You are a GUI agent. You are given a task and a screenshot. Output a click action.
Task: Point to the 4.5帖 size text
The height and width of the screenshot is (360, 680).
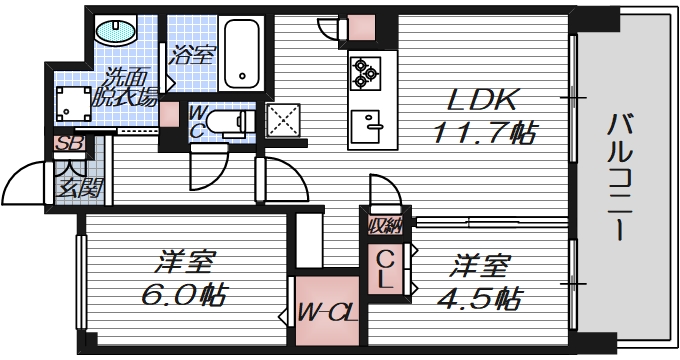coord(483,297)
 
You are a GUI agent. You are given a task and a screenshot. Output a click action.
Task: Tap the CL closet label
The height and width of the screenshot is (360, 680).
coord(386,270)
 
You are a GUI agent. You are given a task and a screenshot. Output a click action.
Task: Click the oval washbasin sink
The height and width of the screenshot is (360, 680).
coord(119,32)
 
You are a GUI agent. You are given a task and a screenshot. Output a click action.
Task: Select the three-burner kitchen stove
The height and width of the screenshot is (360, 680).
coord(362,71)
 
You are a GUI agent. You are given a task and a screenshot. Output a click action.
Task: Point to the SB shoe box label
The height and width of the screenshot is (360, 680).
coord(67,144)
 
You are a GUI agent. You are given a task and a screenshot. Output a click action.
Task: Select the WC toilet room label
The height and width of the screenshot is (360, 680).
coord(196,122)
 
